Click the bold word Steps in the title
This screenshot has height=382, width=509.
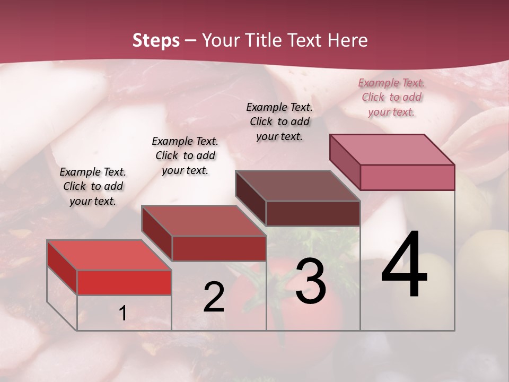click(x=155, y=40)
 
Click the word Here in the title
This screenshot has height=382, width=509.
click(x=348, y=40)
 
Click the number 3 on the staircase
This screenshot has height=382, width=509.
click(x=311, y=281)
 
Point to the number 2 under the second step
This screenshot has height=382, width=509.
click(x=214, y=297)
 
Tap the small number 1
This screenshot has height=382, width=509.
click(x=122, y=314)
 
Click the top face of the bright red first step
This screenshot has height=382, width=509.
click(x=109, y=255)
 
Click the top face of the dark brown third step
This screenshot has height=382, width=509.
click(x=297, y=186)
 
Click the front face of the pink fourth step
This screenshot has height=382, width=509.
click(x=407, y=177)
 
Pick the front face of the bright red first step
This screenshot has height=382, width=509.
click(x=124, y=282)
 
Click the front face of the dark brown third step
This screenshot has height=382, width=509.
click(x=313, y=213)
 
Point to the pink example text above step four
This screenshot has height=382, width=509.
click(x=391, y=97)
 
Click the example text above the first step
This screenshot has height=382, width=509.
click(x=93, y=186)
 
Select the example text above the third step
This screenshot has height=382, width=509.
click(x=279, y=121)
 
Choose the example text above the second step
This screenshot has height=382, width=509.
click(x=185, y=155)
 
